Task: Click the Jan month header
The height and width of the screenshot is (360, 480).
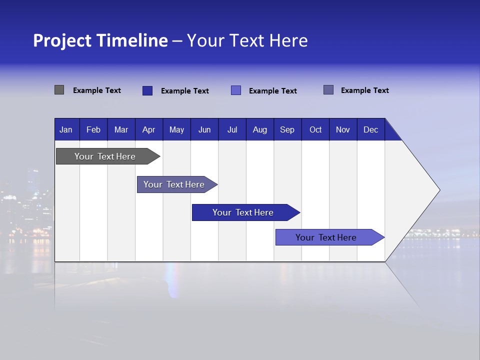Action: [x=66, y=129]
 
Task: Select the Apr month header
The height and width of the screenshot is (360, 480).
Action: [x=148, y=129]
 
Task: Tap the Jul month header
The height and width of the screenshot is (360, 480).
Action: [x=232, y=129]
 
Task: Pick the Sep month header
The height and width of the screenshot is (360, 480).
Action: [x=287, y=129]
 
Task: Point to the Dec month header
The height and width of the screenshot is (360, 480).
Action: [x=370, y=129]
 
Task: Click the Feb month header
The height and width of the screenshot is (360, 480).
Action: [x=93, y=129]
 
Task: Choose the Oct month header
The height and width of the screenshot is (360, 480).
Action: [x=315, y=129]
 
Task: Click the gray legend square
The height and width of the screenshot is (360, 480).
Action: [x=59, y=90]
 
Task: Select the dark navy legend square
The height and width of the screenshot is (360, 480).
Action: [x=147, y=90]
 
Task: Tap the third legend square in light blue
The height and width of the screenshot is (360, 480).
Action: [x=236, y=90]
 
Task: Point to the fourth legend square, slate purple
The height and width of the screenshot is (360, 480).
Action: [x=328, y=90]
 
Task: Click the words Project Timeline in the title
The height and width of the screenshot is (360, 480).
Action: [x=100, y=40]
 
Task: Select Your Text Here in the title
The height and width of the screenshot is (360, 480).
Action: [x=247, y=40]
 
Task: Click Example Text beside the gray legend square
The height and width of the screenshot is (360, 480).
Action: [x=97, y=90]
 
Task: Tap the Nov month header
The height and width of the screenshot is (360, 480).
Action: [x=343, y=129]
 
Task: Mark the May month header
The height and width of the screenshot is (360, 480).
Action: [x=176, y=129]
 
